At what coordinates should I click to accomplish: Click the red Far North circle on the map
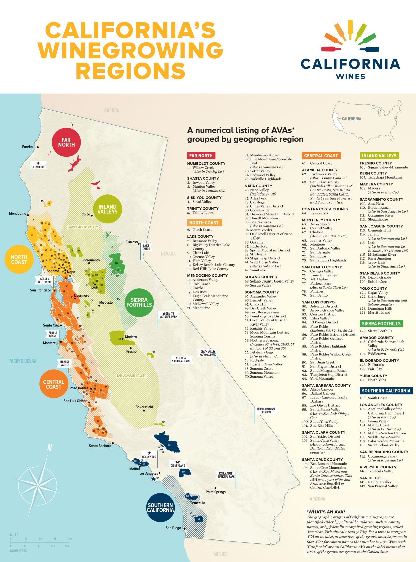66,142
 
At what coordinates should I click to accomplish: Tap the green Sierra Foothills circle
139,302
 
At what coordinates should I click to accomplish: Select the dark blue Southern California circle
160,508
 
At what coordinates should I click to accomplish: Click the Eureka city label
28,147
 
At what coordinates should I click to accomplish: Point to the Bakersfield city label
144,407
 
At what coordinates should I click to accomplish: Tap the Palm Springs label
216,492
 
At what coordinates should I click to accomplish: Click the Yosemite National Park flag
168,315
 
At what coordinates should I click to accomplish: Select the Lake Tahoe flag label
146,247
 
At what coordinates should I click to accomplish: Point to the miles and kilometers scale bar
40,542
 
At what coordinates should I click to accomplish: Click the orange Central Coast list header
321,156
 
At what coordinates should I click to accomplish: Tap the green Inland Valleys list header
379,156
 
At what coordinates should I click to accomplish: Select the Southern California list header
386,391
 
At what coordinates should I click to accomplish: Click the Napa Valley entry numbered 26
259,190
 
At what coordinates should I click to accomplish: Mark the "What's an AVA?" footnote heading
326,512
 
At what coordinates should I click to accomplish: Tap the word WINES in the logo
350,76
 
